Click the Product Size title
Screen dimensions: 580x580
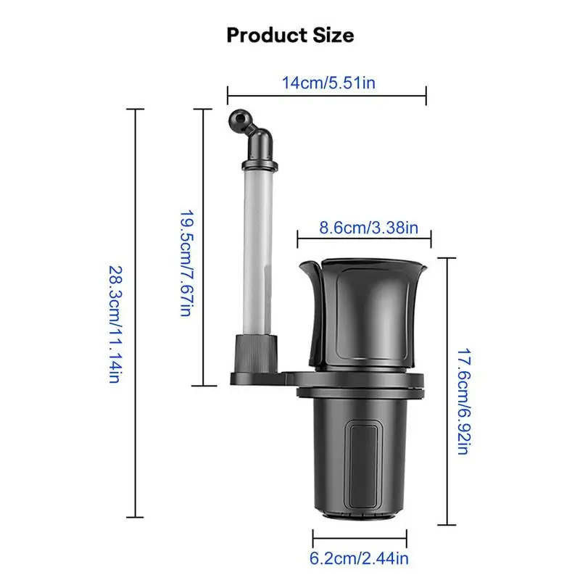click(291, 36)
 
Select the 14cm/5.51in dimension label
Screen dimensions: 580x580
click(328, 83)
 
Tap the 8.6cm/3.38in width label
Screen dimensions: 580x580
click(369, 228)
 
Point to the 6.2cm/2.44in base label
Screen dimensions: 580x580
click(359, 558)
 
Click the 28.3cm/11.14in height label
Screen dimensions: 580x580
click(115, 324)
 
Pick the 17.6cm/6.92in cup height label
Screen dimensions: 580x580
click(464, 401)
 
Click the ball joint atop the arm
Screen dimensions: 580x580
click(239, 120)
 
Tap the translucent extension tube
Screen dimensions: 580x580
click(258, 252)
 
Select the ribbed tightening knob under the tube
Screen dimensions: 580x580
click(256, 353)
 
